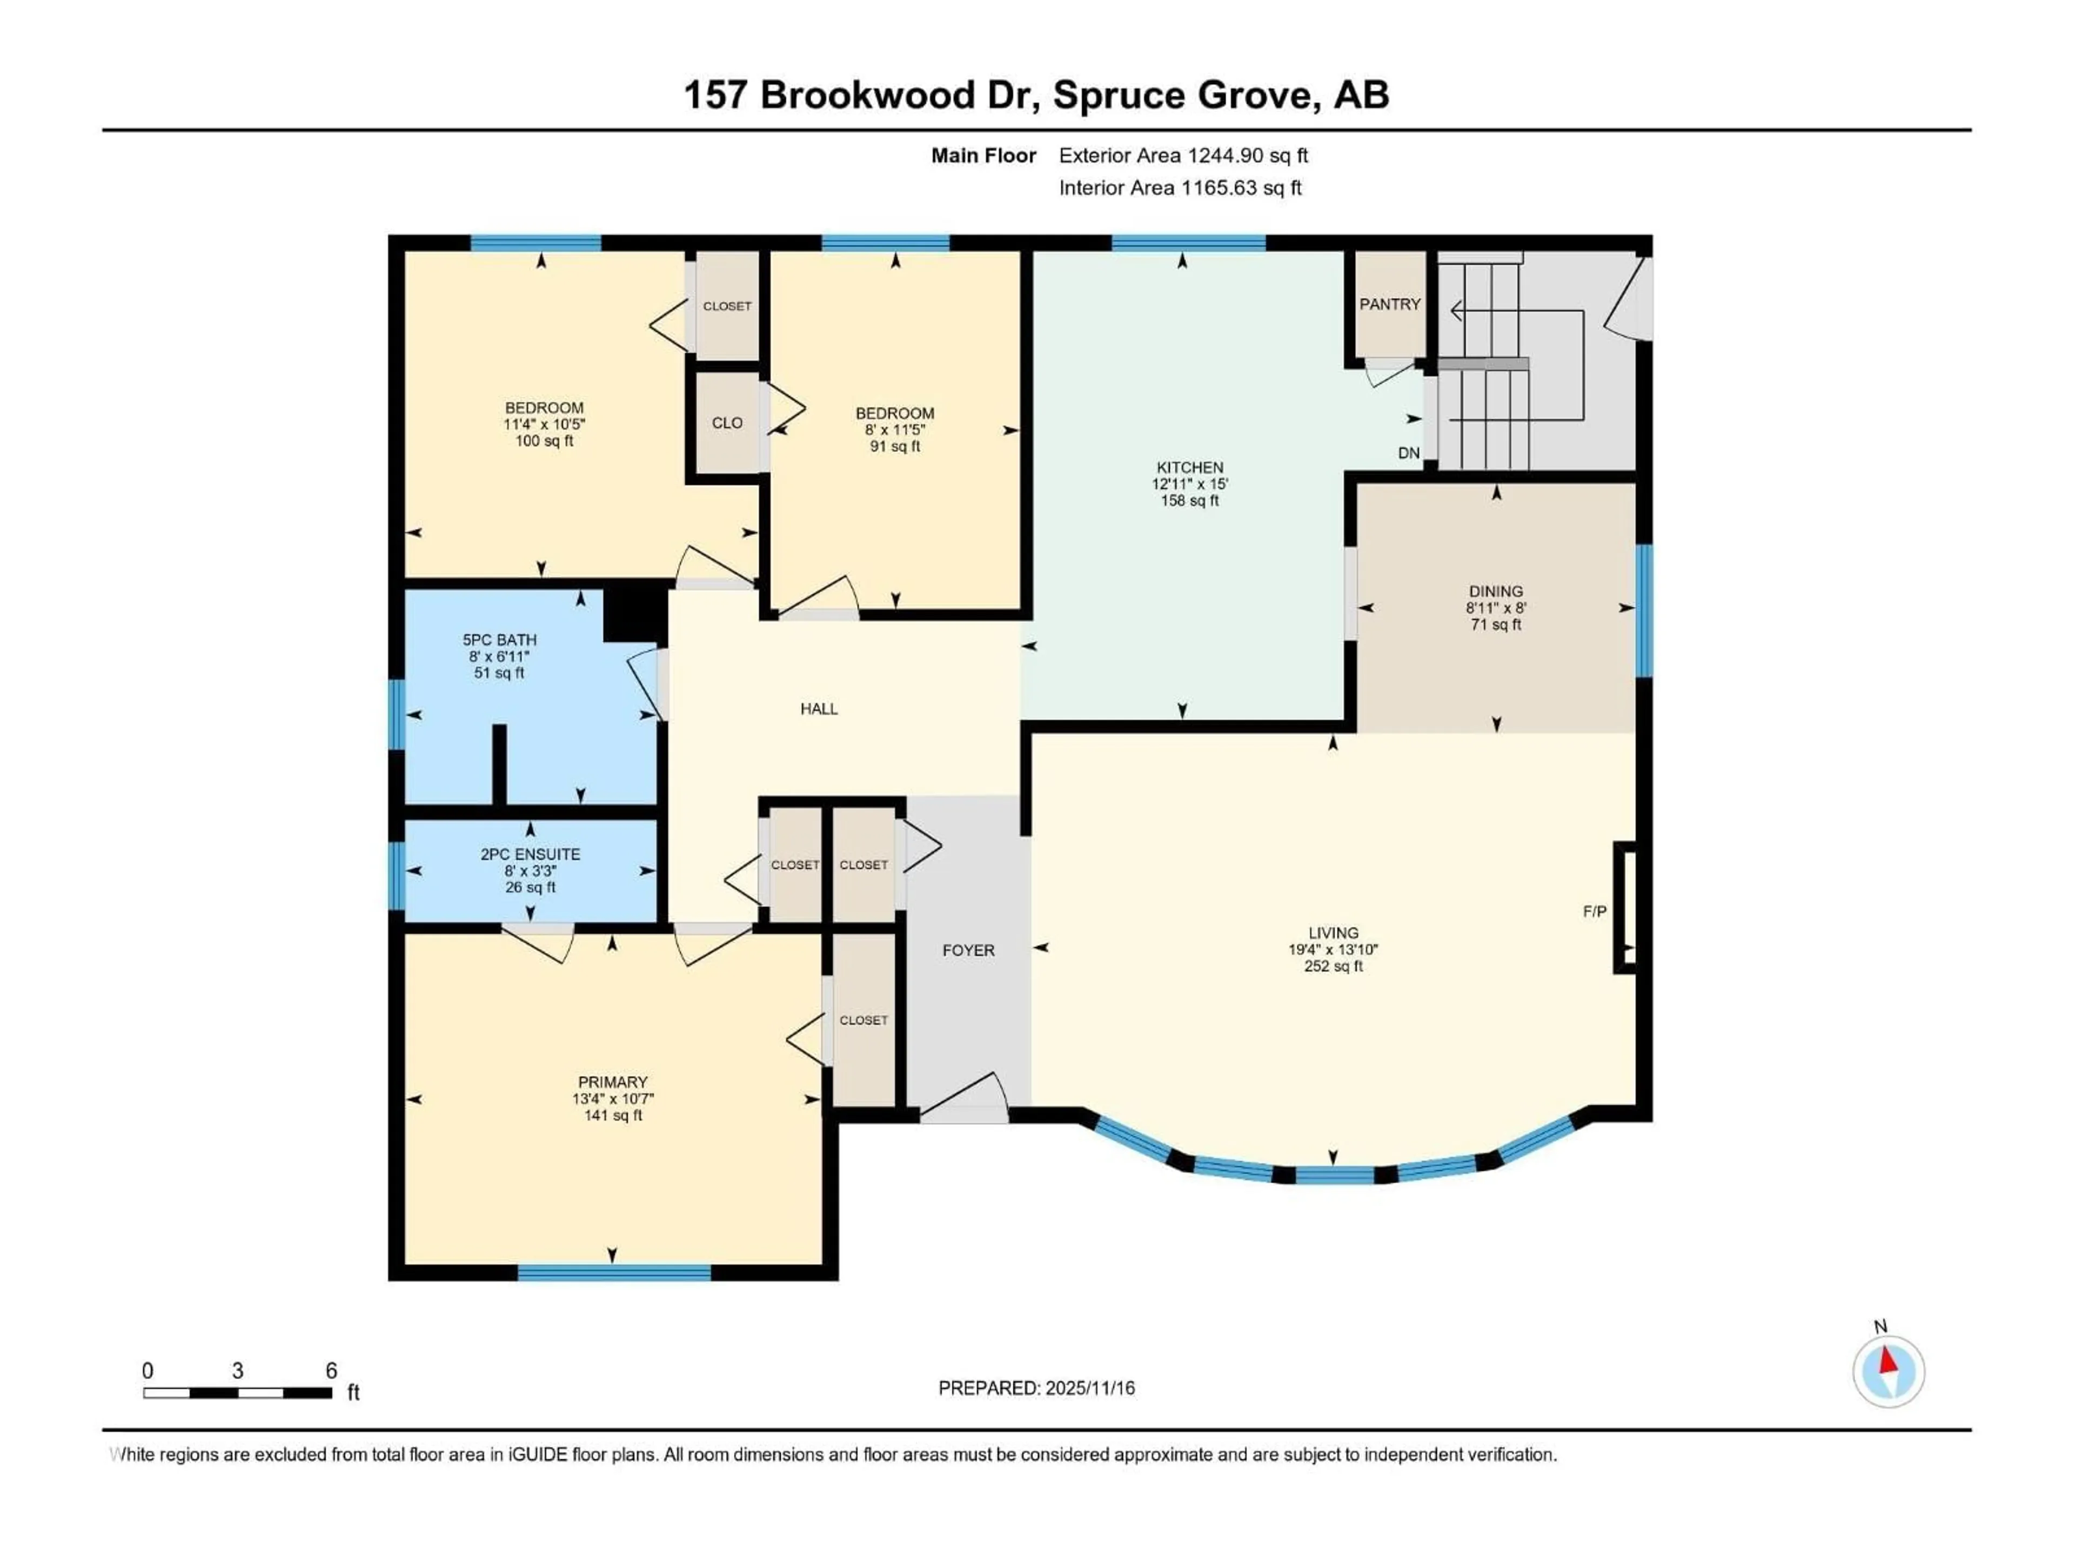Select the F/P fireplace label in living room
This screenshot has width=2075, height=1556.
coord(1594,911)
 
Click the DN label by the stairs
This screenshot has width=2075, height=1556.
coord(1408,453)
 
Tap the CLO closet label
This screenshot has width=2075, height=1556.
coord(726,423)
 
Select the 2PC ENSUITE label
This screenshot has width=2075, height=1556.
coord(530,854)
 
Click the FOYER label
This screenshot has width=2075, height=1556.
coord(968,950)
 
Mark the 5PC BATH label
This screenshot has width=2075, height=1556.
coord(499,640)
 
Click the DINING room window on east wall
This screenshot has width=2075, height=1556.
coord(1643,609)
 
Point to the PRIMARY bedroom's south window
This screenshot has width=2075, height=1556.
coord(614,1273)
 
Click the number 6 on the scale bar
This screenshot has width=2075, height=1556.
coord(331,1370)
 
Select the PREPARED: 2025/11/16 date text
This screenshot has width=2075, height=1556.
coord(1036,1388)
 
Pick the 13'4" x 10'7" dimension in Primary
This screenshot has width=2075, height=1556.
coord(613,1098)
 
